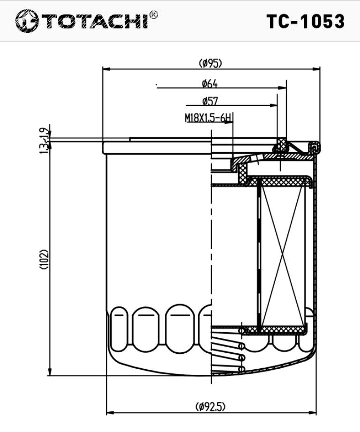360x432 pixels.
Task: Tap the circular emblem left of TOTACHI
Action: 26,22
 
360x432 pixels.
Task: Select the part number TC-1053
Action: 305,22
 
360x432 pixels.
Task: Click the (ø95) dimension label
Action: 210,63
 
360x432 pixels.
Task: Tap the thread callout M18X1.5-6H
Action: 208,118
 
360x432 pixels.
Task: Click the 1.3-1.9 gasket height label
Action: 45,141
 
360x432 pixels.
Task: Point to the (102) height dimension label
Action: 45,259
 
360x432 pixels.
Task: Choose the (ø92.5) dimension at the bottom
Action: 210,406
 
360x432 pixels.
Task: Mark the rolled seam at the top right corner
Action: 313,149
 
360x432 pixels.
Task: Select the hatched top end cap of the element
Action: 281,181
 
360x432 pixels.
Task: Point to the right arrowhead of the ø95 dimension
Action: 317,69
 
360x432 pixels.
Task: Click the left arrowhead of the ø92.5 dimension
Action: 110,413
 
